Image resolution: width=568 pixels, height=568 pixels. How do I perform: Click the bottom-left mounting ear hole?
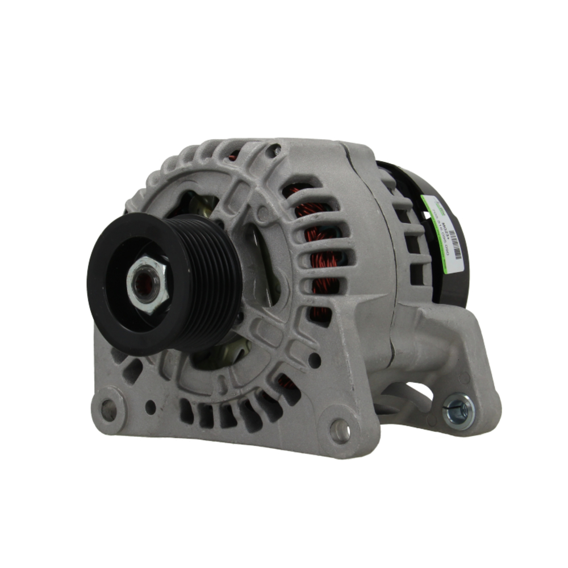point(108,409)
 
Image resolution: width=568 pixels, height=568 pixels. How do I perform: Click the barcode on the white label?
point(454,244)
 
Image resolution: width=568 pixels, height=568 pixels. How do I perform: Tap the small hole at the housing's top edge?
point(277,151)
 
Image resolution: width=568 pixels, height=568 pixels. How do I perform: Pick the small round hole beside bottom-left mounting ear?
point(151,406)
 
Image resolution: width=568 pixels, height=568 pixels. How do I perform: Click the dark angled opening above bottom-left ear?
point(132,372)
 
